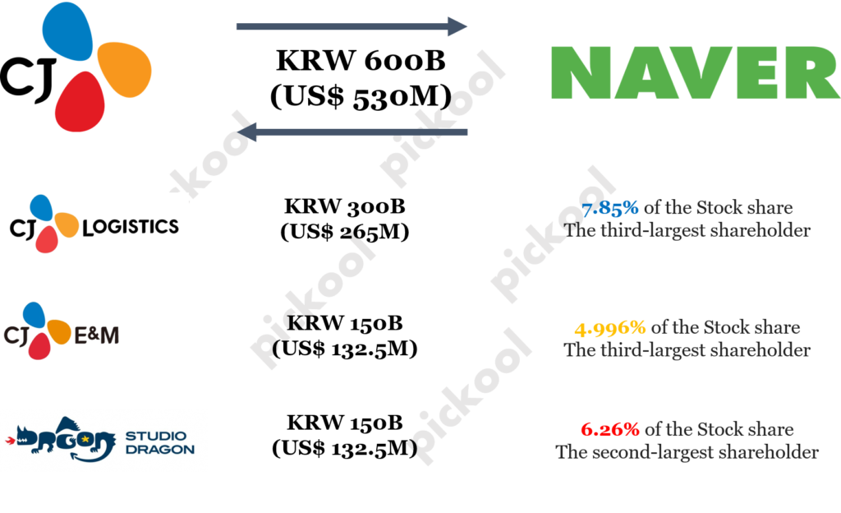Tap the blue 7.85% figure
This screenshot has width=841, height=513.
(609, 209)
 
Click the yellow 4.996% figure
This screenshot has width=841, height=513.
(610, 328)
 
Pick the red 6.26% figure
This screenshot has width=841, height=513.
(609, 429)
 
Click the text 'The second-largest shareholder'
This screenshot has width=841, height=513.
(687, 452)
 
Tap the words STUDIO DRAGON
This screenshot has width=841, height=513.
(160, 442)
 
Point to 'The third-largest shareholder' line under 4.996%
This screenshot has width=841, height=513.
(687, 350)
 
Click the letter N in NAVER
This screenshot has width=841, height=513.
(578, 72)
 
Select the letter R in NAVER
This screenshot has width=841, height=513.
(812, 72)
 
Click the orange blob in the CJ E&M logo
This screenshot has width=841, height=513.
(58, 331)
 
